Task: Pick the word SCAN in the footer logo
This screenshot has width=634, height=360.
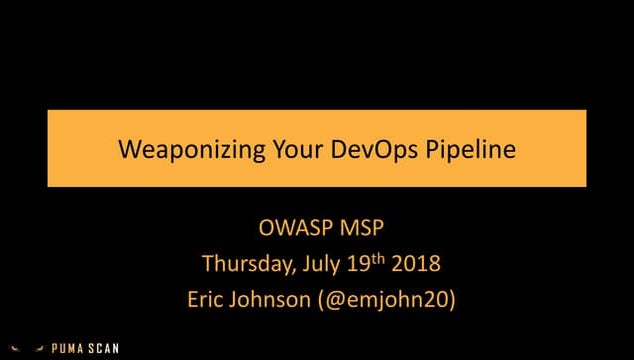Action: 103,349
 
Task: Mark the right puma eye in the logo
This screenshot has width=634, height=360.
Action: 40,348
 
